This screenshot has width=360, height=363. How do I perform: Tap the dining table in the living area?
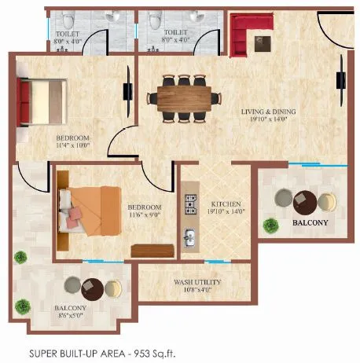pos(186,97)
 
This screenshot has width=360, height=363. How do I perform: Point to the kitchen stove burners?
pos(189,205)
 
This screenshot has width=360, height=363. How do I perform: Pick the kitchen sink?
pos(189,236)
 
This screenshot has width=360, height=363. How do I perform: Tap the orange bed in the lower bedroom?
pos(91,209)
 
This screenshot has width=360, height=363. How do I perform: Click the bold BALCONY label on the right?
pos(311,223)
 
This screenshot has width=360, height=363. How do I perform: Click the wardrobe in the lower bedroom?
pos(147,251)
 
